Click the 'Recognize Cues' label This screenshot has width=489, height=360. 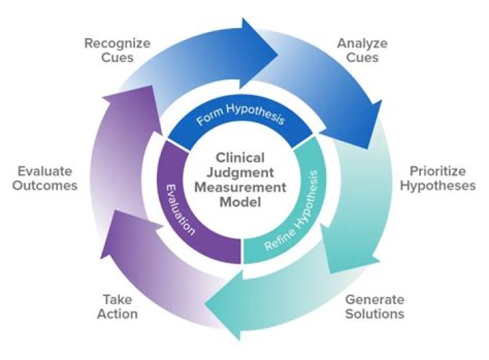tap(116, 51)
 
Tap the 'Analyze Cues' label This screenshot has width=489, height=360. tap(362, 51)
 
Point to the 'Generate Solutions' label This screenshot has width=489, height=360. tap(374, 306)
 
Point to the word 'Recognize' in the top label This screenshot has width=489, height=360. tap(116, 44)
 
